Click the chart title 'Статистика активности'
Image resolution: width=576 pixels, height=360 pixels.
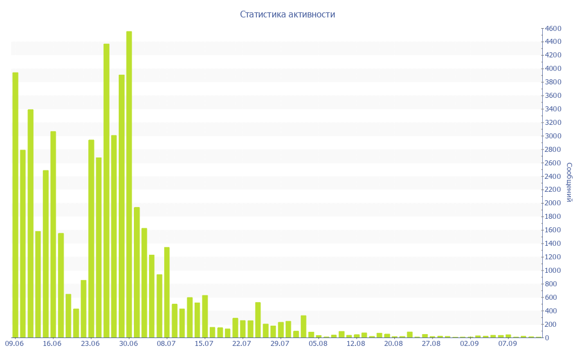(x=287, y=14)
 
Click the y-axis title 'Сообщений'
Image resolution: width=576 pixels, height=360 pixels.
(x=569, y=182)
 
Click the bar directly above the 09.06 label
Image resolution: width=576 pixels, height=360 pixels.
(x=15, y=205)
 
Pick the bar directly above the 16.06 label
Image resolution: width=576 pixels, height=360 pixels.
(x=53, y=234)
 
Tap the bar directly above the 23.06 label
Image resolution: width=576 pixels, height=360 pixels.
(x=91, y=238)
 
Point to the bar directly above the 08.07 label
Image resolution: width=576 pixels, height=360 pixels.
(x=167, y=292)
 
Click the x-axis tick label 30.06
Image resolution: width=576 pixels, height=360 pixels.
(x=129, y=343)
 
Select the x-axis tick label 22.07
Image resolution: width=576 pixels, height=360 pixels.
(x=242, y=343)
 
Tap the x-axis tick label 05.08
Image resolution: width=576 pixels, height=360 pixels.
(x=317, y=343)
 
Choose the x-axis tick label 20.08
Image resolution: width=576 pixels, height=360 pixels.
(x=394, y=343)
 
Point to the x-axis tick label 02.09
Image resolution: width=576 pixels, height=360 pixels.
(x=469, y=343)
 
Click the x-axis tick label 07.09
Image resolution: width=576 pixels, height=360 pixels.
(x=507, y=343)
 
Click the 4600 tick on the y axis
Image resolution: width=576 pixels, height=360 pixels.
(x=553, y=29)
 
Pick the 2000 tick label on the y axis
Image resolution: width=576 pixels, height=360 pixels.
(x=553, y=203)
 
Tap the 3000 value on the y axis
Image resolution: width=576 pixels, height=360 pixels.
(x=553, y=136)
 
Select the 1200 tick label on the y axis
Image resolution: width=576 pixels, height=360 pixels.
(x=553, y=257)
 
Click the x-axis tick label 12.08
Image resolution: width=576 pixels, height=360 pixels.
(x=356, y=343)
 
